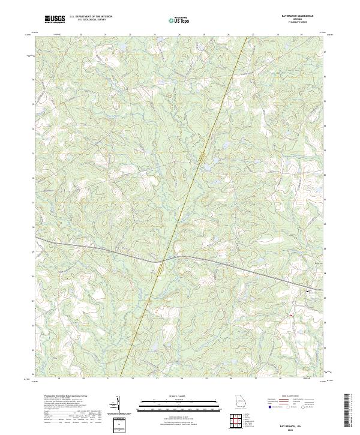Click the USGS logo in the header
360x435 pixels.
(55, 20)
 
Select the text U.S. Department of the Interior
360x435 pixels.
(91, 17)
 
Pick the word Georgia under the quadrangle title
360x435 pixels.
(304, 20)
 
